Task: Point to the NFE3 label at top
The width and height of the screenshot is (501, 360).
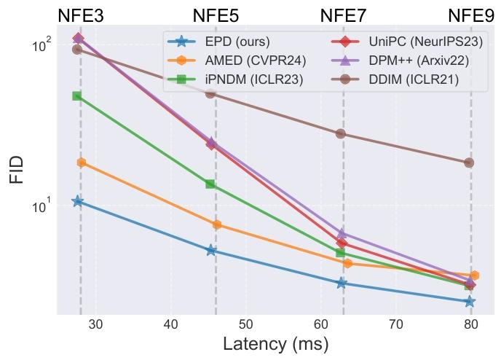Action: pos(80,16)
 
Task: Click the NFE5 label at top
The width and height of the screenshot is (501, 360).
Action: pos(216,16)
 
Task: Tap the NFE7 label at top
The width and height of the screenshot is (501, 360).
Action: pos(344,16)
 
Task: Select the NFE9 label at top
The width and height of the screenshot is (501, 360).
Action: pos(470,16)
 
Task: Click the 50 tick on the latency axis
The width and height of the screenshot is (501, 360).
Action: pos(246,324)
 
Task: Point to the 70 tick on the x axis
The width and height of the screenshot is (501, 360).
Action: pos(396,324)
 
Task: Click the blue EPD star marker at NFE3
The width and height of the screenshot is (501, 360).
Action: pos(77,201)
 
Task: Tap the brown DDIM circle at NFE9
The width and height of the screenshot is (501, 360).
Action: pos(469,163)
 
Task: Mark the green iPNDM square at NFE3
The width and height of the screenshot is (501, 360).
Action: pos(76,96)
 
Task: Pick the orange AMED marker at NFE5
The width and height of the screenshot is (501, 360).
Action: pos(217,224)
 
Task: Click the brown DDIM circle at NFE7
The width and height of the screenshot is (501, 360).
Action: pos(340,133)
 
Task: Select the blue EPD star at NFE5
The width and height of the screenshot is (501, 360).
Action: pos(211,250)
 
